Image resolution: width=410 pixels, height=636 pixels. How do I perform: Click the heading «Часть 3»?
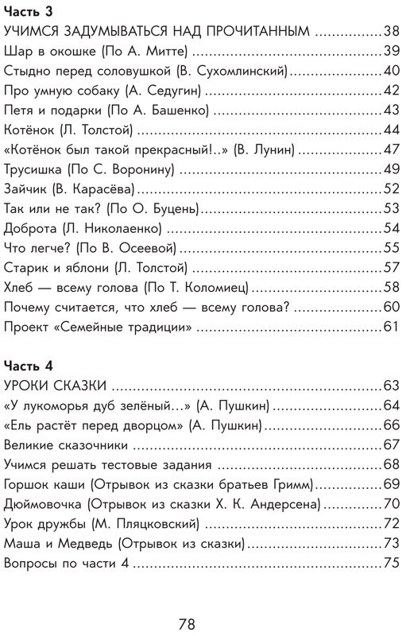point(28,13)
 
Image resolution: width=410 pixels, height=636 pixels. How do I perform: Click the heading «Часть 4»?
point(28,366)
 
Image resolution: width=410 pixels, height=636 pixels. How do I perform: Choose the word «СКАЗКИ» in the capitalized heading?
point(79,386)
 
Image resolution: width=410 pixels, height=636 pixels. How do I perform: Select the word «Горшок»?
point(29,483)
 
